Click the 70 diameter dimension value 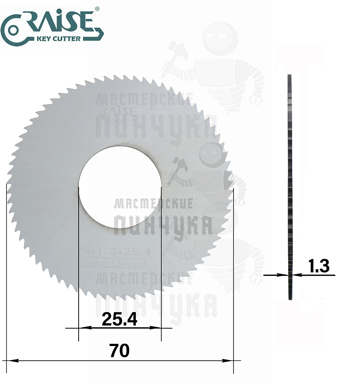[x=119, y=351]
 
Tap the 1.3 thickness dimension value [x=319, y=266]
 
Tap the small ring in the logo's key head [x=13, y=30]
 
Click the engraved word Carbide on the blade [x=130, y=264]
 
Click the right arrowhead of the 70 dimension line [x=229, y=360]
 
